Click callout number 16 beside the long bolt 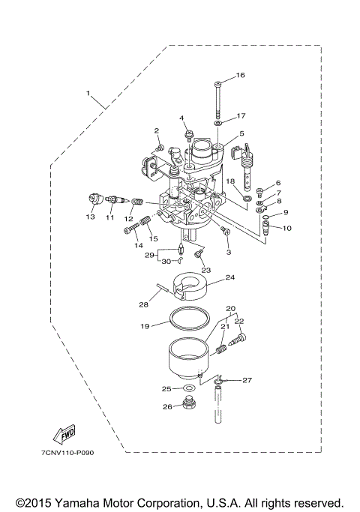[x=241, y=75]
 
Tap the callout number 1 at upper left [x=88, y=94]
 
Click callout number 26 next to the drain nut [x=166, y=407]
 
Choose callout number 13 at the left [x=90, y=217]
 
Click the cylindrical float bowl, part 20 [x=186, y=358]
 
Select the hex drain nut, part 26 [x=187, y=407]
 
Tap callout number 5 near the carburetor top [x=242, y=134]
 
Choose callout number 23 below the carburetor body [x=205, y=271]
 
